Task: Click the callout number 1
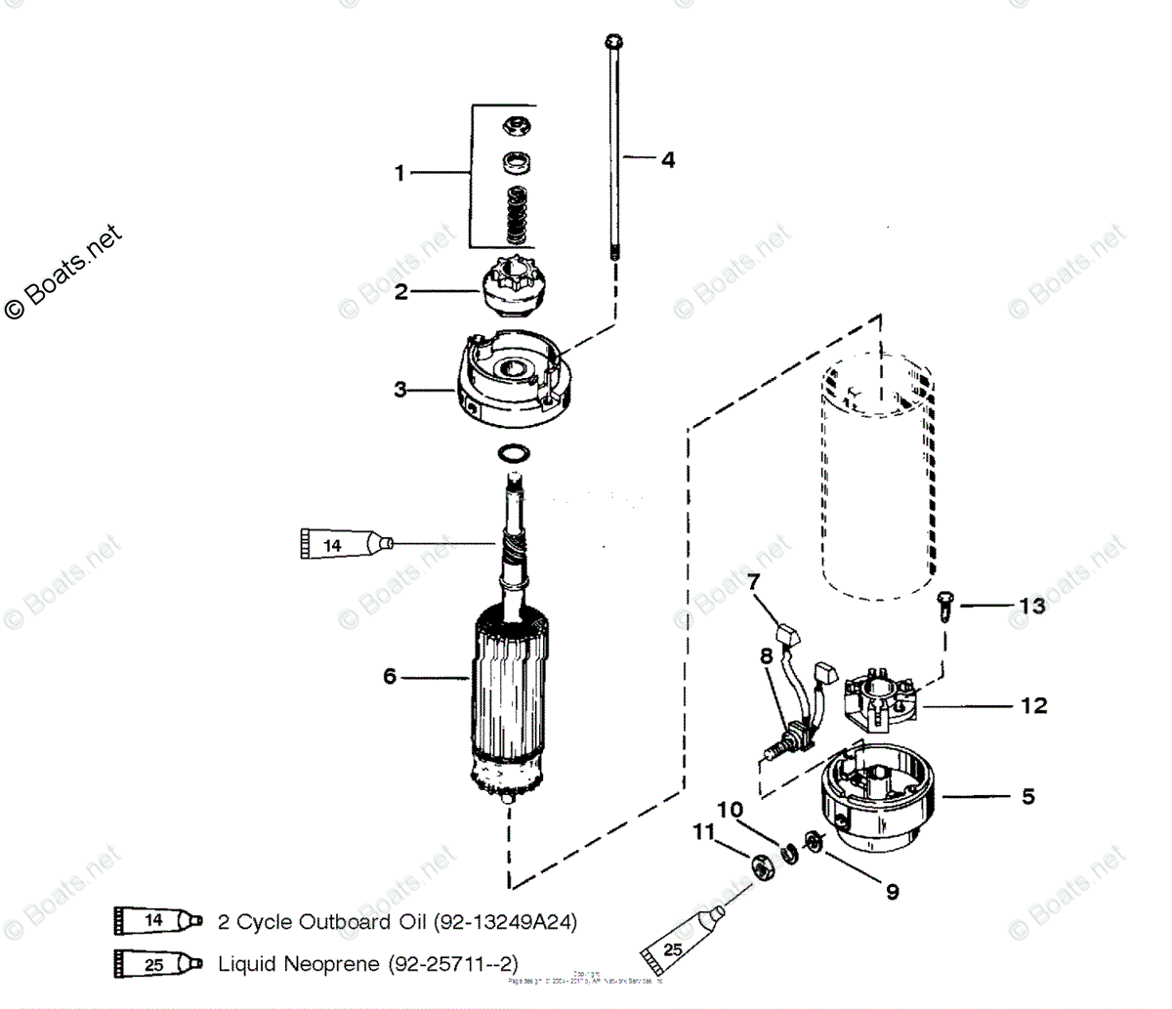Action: click(x=398, y=173)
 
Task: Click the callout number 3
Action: click(x=400, y=389)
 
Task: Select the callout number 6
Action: click(x=390, y=676)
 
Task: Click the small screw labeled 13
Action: click(x=944, y=606)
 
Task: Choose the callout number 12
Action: click(x=1033, y=704)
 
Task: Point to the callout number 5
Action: click(x=1027, y=797)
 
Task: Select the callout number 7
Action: click(x=753, y=583)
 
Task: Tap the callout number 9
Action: click(x=892, y=891)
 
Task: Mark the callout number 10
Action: click(x=731, y=810)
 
